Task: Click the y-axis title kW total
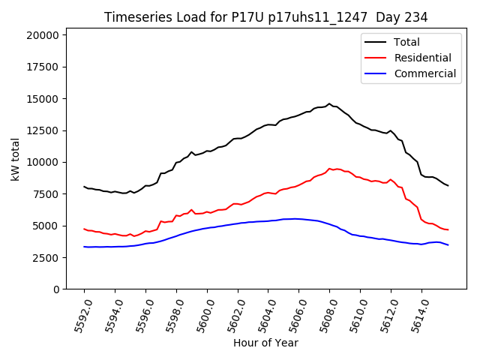[15, 160]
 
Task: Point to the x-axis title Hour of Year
[265, 343]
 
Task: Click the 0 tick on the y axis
[56, 289]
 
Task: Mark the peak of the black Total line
[329, 103]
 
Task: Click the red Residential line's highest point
[329, 169]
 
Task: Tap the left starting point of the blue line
[84, 247]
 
